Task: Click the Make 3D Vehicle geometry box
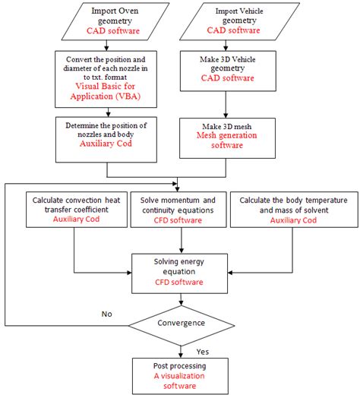[226, 74]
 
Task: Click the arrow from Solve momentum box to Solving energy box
[181, 240]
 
